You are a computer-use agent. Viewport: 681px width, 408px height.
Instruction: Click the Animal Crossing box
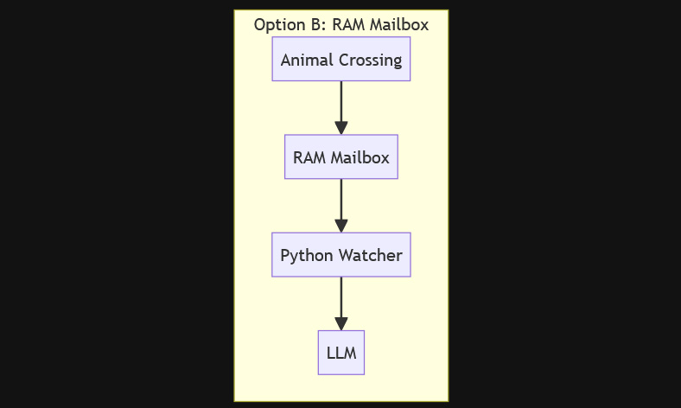click(x=341, y=59)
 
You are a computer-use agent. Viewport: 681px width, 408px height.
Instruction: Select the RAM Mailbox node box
click(x=341, y=156)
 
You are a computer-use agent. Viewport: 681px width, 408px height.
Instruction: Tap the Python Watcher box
click(x=341, y=255)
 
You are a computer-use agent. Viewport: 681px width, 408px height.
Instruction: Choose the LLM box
click(x=341, y=353)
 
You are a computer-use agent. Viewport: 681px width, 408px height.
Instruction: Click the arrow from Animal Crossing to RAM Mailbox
click(x=341, y=108)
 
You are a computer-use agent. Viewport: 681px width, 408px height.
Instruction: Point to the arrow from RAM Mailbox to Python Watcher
click(x=341, y=206)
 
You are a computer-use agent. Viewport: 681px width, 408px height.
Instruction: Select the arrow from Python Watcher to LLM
click(x=341, y=303)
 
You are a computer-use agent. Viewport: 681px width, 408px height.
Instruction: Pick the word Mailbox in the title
click(x=399, y=25)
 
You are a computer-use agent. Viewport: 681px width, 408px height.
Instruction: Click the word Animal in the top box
click(x=304, y=60)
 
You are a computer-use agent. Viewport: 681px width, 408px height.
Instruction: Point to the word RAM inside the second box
click(x=309, y=157)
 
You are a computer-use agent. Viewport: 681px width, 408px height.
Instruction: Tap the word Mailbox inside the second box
click(x=360, y=157)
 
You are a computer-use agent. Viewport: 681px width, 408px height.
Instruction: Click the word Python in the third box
click(x=303, y=256)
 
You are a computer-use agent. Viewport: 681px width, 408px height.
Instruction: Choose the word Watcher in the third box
click(x=367, y=256)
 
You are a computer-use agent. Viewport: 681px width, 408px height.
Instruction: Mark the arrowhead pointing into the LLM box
click(x=341, y=323)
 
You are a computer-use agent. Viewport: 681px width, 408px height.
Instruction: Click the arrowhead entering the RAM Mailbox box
click(x=341, y=128)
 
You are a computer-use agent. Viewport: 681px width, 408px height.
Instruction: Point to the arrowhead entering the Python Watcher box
click(x=341, y=226)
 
